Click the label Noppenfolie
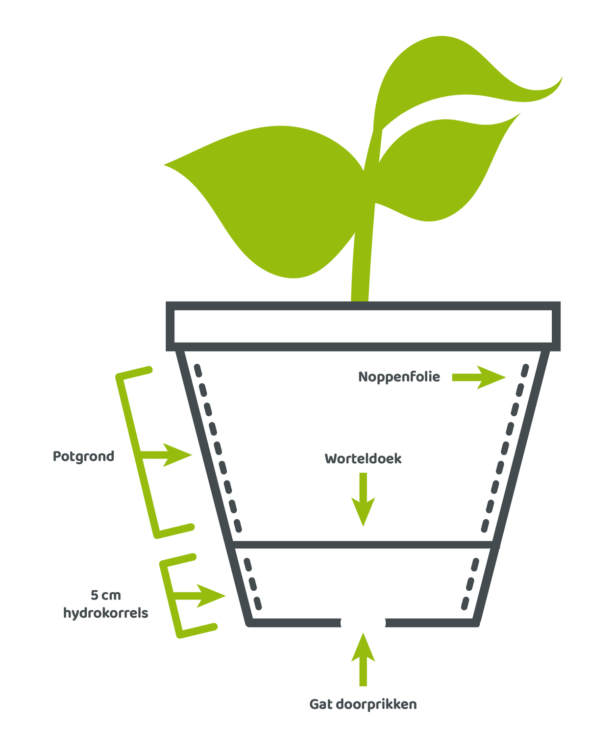399,377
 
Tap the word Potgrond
83,456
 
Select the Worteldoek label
363,458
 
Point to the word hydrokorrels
106,613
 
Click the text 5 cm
106,595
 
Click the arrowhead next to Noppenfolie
491,377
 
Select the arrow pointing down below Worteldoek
363,499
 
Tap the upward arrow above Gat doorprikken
363,659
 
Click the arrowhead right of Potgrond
177,455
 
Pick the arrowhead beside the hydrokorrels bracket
211,596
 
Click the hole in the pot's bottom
363,623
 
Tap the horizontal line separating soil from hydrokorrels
363,545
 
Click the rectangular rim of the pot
363,326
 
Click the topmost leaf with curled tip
464,82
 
